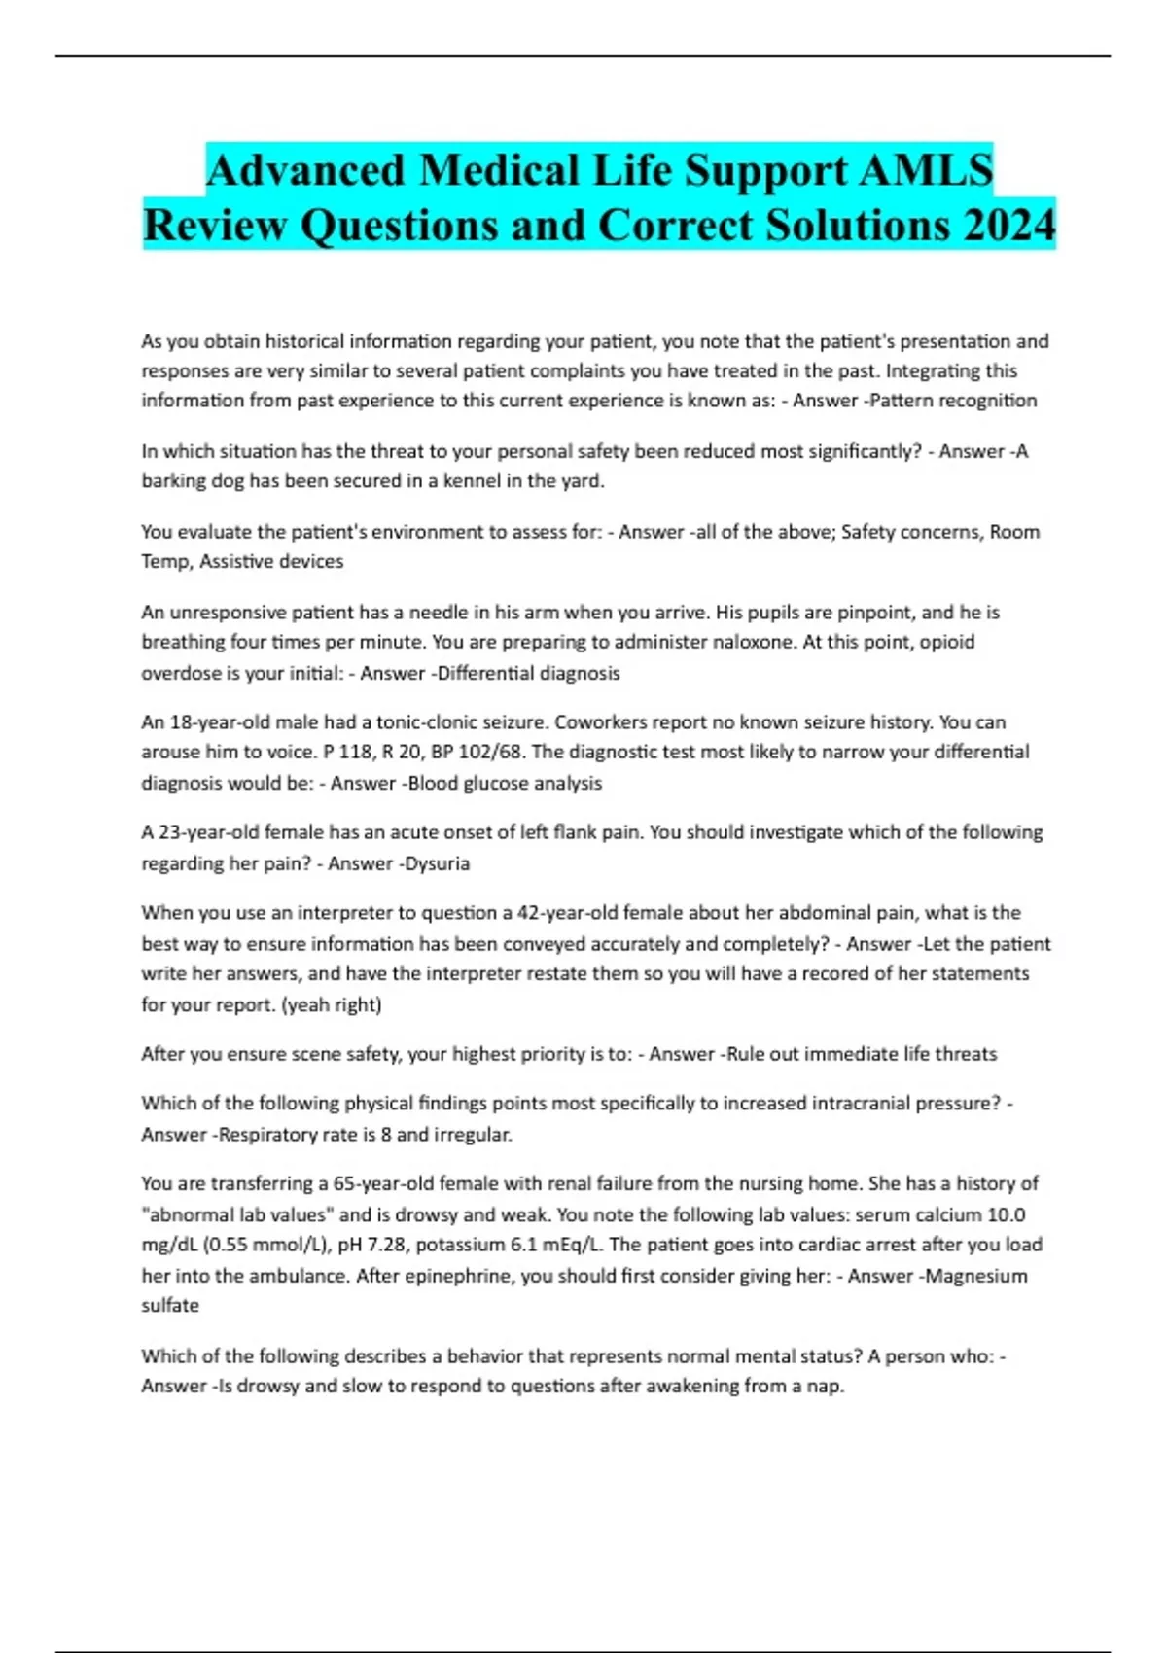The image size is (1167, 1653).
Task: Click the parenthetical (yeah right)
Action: [x=332, y=1004]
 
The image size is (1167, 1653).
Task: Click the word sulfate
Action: [x=170, y=1305]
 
